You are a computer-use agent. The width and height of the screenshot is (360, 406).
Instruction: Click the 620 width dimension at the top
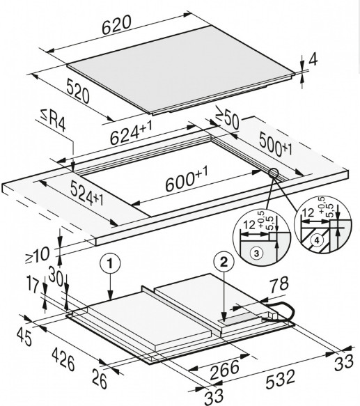116,25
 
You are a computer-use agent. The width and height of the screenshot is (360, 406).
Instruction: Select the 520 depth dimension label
78,91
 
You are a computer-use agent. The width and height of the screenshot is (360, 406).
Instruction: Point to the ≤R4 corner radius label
53,120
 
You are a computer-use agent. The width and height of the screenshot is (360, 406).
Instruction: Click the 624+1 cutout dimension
131,133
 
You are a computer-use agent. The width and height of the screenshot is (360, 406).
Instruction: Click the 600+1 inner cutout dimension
187,179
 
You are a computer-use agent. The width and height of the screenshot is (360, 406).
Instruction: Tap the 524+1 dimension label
87,194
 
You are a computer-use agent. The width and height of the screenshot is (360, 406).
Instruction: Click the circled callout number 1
110,264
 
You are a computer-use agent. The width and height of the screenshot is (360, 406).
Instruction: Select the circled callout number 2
224,263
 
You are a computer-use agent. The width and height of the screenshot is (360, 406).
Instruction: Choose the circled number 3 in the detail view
256,253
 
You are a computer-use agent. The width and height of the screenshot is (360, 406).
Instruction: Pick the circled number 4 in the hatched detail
317,240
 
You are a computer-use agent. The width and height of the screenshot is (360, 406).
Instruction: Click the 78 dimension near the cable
279,284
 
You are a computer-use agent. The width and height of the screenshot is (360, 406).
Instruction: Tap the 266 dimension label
224,370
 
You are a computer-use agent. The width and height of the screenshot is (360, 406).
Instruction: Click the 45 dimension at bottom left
24,338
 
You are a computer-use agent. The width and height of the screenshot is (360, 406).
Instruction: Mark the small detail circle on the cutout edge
274,173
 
